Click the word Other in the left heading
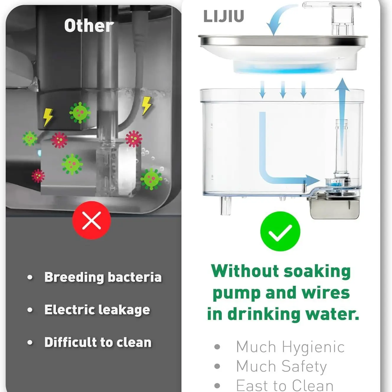pyautogui.click(x=89, y=25)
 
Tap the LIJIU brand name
pyautogui.click(x=224, y=16)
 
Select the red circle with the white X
pyautogui.click(x=92, y=220)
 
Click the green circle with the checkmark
pyautogui.click(x=280, y=231)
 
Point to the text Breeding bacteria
pyautogui.click(x=103, y=277)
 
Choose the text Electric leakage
pyautogui.click(x=97, y=310)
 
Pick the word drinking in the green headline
pyautogui.click(x=264, y=315)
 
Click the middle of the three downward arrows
pyautogui.click(x=283, y=90)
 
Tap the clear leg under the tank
pyautogui.click(x=226, y=206)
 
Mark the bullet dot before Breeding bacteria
pyautogui.click(x=30, y=277)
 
